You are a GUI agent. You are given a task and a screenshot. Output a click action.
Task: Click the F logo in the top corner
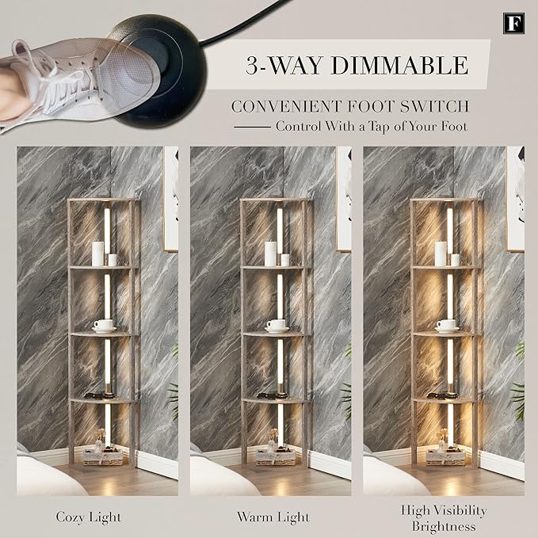point(513,23)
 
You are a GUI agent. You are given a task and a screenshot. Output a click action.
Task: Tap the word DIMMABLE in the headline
point(399,65)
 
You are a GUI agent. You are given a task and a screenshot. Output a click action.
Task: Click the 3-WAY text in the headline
point(284,65)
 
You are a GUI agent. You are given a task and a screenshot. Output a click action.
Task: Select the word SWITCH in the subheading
point(434,106)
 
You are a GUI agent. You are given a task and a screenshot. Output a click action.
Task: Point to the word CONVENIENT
point(287,106)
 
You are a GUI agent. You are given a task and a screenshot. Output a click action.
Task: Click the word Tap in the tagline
point(379,127)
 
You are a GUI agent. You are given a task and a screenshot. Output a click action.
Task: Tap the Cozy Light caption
point(89,517)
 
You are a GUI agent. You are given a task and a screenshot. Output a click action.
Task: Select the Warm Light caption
point(273,517)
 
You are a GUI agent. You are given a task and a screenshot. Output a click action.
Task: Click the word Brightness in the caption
point(444,526)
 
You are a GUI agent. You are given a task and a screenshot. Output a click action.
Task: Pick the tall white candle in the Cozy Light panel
point(97,254)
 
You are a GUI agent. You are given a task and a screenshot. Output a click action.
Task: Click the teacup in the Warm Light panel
point(277,326)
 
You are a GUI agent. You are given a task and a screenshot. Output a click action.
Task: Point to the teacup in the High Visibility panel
point(446,326)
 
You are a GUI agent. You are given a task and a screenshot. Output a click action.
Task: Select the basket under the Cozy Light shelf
point(103,457)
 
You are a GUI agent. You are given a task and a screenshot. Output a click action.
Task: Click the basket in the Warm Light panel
point(276,457)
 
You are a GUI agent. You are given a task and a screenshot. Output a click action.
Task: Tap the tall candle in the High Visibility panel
point(441,254)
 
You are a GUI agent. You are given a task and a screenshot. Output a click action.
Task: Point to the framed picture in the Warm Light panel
point(343,200)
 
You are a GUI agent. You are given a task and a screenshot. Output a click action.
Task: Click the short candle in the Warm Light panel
point(284,260)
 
